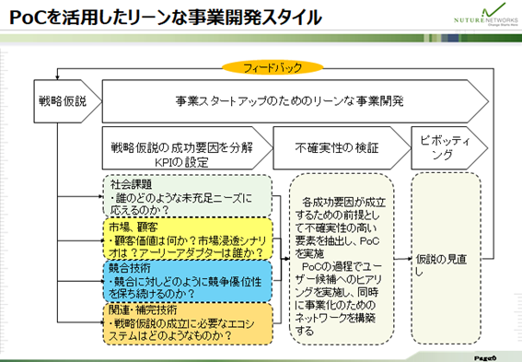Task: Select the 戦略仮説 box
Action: pos(62,99)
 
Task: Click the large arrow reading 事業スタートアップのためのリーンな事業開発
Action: pos(290,99)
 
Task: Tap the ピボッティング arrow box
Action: pos(442,146)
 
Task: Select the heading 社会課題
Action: pos(126,182)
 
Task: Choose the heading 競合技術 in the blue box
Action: pos(126,266)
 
